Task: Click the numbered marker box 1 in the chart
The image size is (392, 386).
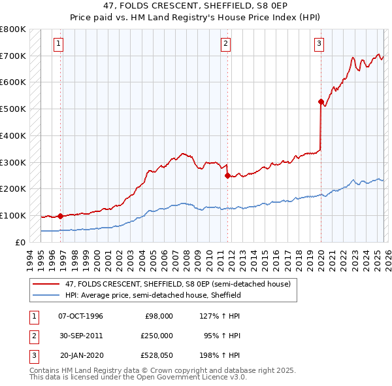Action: tap(58, 44)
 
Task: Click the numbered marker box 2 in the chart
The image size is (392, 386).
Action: tap(225, 44)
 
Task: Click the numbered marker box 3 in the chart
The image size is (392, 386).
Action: tap(319, 44)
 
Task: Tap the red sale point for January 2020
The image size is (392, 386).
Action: tap(321, 101)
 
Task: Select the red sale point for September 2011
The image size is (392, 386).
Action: tap(227, 175)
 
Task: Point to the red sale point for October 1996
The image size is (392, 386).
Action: tap(60, 216)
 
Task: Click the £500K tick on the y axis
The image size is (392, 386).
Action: tap(13, 109)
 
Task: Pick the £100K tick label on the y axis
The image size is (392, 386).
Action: tap(13, 215)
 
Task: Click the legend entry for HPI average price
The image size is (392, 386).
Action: tap(153, 296)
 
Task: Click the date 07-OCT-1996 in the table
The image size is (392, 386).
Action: tap(80, 316)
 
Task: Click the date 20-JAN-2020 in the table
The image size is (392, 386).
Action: tap(80, 356)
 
